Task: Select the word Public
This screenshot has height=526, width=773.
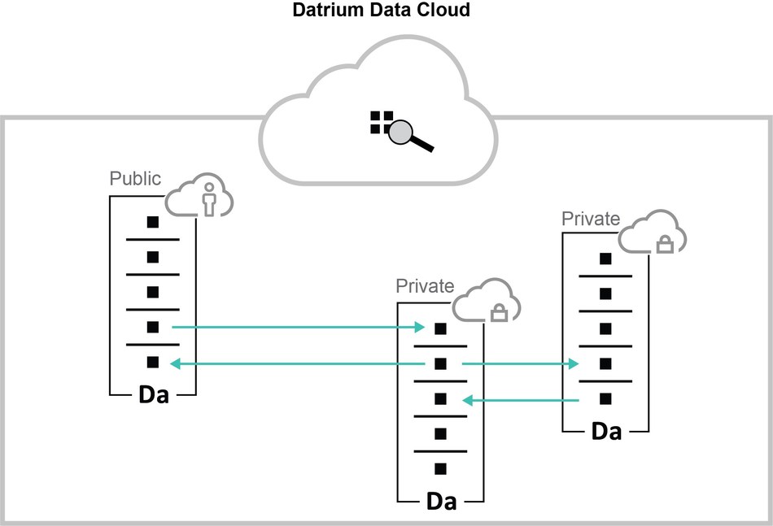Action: pyautogui.click(x=136, y=179)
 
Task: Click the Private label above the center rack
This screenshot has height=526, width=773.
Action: pyautogui.click(x=425, y=286)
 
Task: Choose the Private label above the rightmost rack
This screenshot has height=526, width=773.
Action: pyautogui.click(x=591, y=219)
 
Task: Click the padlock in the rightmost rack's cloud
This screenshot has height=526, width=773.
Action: pyautogui.click(x=665, y=243)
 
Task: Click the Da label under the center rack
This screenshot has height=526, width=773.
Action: pyautogui.click(x=441, y=501)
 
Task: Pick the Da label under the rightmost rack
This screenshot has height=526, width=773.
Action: pyautogui.click(x=606, y=431)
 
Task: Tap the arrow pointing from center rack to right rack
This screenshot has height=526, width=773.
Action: pyautogui.click(x=521, y=365)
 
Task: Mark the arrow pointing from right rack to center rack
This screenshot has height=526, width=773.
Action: pyautogui.click(x=521, y=400)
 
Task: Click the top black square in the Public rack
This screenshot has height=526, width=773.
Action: pyautogui.click(x=152, y=222)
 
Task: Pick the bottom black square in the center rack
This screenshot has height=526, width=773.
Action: pyautogui.click(x=440, y=469)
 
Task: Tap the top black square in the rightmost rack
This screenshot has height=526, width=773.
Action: pyautogui.click(x=605, y=259)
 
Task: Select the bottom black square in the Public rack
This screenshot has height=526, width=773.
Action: pyautogui.click(x=152, y=363)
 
